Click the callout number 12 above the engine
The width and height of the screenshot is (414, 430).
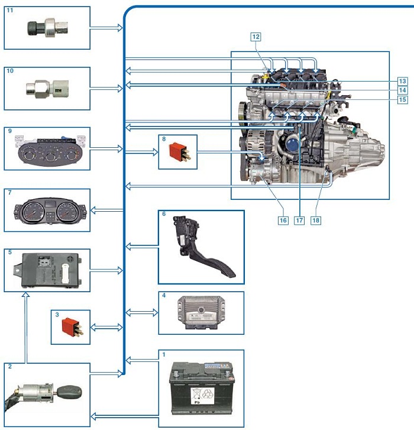coord(255,37)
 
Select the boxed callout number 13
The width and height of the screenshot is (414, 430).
coord(403,81)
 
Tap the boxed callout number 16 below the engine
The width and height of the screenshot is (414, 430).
coord(283,220)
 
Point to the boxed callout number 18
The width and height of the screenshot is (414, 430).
coord(316,220)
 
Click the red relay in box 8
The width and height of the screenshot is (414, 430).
coord(179,152)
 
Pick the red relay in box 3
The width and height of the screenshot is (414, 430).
coord(72,327)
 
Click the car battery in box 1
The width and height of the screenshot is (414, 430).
coord(202,388)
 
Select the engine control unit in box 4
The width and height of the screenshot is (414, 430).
coord(201,312)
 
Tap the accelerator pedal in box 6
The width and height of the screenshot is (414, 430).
coord(200,247)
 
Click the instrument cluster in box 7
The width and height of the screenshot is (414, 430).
coord(50,211)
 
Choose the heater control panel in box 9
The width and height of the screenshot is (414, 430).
coord(50,150)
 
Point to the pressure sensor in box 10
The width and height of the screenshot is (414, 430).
coord(47,89)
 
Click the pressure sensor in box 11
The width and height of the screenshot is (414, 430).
coord(48,27)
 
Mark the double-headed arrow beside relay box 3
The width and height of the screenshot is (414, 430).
coord(106,327)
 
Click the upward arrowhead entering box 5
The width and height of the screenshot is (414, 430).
coord(26,295)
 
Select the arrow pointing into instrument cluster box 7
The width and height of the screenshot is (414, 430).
coord(106,211)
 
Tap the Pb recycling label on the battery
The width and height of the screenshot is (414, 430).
coord(202,396)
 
